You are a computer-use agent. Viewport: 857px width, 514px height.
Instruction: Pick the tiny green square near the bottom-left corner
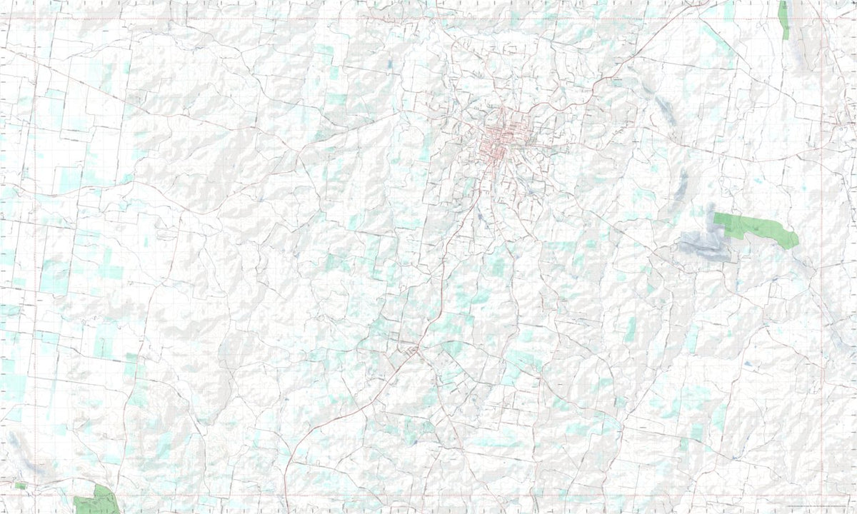(x=21, y=485)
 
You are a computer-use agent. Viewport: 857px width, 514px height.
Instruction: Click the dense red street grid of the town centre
(x=500, y=139)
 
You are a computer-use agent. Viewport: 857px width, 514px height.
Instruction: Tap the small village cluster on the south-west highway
(x=413, y=350)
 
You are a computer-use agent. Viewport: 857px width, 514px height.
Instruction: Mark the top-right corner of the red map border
(x=823, y=19)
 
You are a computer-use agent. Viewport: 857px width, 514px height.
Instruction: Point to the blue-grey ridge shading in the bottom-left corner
(x=29, y=457)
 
